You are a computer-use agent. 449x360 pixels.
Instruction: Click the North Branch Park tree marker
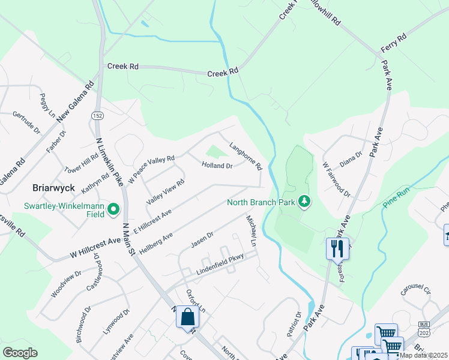tap(305, 202)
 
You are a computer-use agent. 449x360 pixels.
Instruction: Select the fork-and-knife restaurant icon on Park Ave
tap(337, 248)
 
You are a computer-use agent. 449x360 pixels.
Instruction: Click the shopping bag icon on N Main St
tap(187, 316)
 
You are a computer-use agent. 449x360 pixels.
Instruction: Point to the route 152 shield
tap(97, 115)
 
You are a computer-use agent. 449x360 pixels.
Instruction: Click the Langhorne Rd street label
tap(246, 155)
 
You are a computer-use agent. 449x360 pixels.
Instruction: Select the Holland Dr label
tap(217, 165)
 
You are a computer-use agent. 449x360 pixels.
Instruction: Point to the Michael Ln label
tap(251, 231)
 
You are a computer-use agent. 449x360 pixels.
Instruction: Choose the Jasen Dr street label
tap(202, 241)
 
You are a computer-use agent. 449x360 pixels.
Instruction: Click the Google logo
tap(20, 353)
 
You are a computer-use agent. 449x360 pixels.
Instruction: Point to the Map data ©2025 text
tap(424, 355)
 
